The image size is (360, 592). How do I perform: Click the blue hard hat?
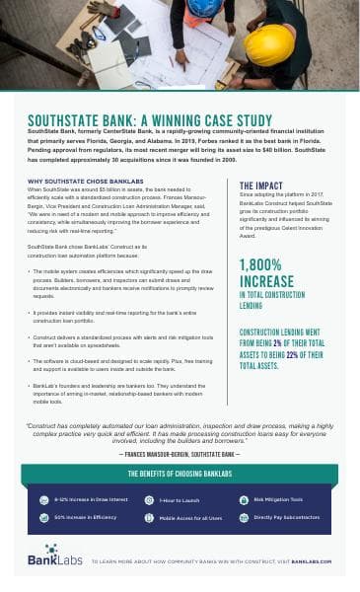(x=204, y=9)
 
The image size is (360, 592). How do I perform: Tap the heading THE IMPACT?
(x=262, y=185)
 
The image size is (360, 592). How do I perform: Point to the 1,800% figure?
(x=267, y=263)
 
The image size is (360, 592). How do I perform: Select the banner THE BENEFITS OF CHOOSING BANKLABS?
(x=179, y=474)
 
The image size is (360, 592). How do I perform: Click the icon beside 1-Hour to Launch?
(x=145, y=500)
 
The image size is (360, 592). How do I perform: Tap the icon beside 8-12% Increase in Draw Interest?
(x=44, y=500)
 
